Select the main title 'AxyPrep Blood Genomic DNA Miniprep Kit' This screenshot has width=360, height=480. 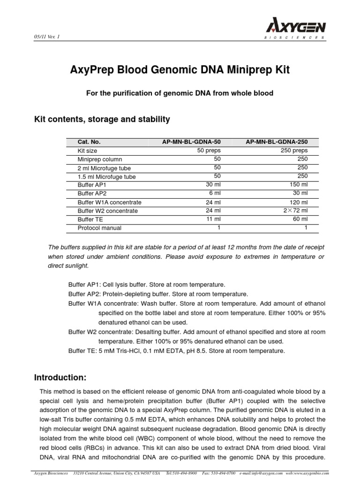coord(180,70)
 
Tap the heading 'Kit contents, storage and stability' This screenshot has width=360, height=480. coord(102,120)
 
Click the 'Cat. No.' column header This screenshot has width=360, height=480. coord(89,142)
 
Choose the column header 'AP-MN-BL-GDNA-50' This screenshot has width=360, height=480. coord(191,142)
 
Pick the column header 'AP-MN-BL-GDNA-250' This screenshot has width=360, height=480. coord(277,142)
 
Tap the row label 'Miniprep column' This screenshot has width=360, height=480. coord(100,159)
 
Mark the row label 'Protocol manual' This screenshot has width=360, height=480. coord(99,228)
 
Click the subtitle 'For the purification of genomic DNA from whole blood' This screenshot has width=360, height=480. coord(180,93)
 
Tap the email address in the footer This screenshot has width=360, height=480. coord(257,474)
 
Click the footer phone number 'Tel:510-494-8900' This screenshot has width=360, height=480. coord(181,474)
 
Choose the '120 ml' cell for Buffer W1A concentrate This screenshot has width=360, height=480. coord(298,202)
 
